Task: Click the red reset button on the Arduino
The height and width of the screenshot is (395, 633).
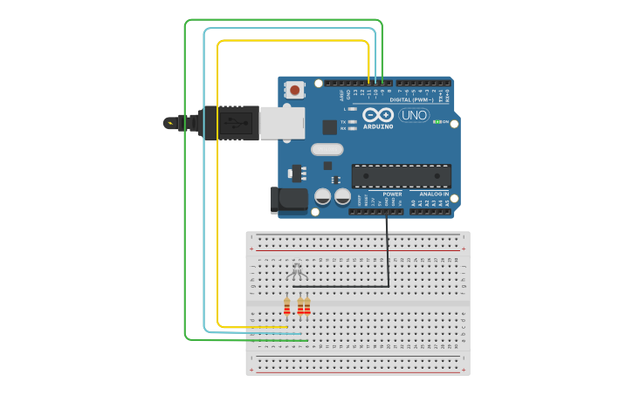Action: [295, 89]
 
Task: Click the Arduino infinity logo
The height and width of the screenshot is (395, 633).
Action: [378, 115]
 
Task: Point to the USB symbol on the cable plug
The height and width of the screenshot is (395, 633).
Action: [234, 123]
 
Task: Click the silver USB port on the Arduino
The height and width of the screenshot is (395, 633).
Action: [282, 123]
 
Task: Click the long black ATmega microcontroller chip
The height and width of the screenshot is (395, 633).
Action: [401, 175]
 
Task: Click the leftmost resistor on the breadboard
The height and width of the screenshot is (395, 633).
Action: [286, 306]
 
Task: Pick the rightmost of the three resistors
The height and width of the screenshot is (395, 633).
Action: [307, 306]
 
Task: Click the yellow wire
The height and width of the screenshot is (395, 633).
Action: [217, 174]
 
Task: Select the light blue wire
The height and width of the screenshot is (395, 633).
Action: [204, 174]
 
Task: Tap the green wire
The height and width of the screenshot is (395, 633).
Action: [185, 174]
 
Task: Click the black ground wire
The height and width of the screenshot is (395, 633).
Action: [388, 253]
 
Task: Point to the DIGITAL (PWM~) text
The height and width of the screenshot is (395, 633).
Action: [410, 99]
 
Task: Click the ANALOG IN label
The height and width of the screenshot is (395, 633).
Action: [433, 194]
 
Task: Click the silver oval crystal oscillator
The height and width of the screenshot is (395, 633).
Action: [327, 149]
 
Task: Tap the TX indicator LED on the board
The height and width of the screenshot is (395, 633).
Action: [352, 122]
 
